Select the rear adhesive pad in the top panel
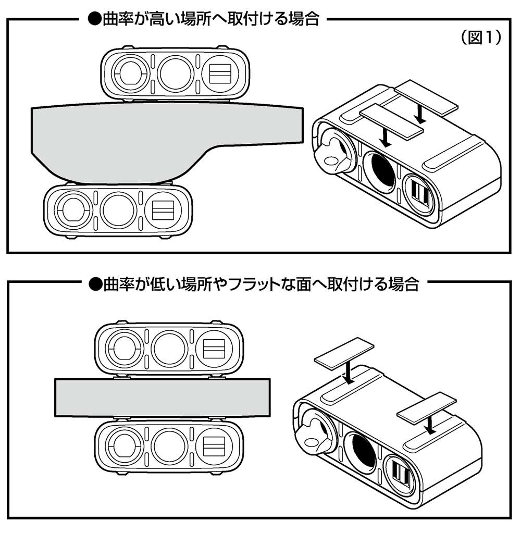(426, 97)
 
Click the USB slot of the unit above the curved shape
(219, 73)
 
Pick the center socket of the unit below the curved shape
(119, 211)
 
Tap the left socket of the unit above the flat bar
(123, 346)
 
